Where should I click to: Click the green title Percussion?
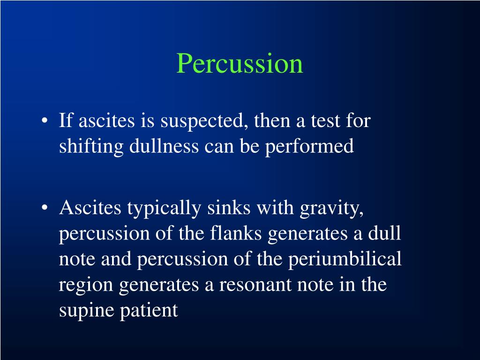point(240,64)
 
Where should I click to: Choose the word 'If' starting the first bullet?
point(66,121)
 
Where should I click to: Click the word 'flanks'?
point(238,233)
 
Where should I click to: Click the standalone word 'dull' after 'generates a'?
point(384,233)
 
